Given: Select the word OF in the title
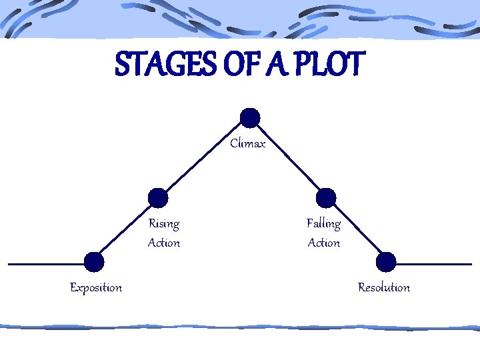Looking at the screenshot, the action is (239, 65).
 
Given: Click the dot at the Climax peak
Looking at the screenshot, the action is (250, 118).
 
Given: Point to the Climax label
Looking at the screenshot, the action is (248, 143).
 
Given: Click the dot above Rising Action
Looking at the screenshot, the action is (158, 198).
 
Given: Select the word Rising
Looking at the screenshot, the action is (163, 223).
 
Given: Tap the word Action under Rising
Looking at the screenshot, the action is (164, 243).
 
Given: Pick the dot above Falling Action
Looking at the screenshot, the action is (326, 198).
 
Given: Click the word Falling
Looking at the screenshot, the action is (323, 223).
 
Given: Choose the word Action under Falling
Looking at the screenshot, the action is (324, 243).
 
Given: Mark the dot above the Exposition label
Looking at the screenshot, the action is (95, 262).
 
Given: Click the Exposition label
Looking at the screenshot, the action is (96, 287).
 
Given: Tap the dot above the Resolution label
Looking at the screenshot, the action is (386, 262).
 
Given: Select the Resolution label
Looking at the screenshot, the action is (384, 287).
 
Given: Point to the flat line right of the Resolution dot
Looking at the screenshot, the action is (433, 264).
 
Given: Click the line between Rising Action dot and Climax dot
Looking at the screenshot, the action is (204, 158).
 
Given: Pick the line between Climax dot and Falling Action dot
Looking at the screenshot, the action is (288, 158).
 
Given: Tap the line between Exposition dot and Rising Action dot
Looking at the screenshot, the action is (127, 230).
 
